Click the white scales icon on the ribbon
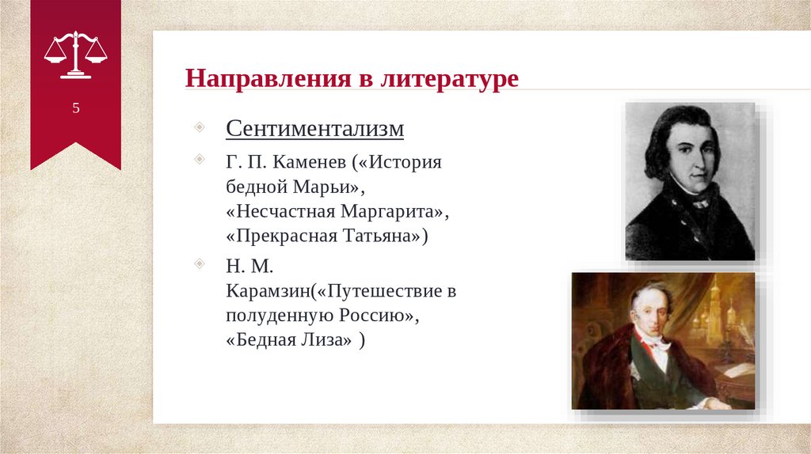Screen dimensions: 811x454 [75, 55]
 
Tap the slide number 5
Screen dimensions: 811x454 [76, 108]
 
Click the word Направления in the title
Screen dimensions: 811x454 [268, 78]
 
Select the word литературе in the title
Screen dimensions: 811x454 [449, 78]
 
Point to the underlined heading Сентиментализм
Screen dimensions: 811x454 [314, 128]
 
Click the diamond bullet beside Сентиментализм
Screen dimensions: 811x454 [199, 127]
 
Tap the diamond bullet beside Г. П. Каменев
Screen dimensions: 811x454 [199, 158]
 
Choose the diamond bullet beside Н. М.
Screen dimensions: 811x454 [199, 263]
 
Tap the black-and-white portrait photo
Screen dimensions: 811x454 [690, 181]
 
